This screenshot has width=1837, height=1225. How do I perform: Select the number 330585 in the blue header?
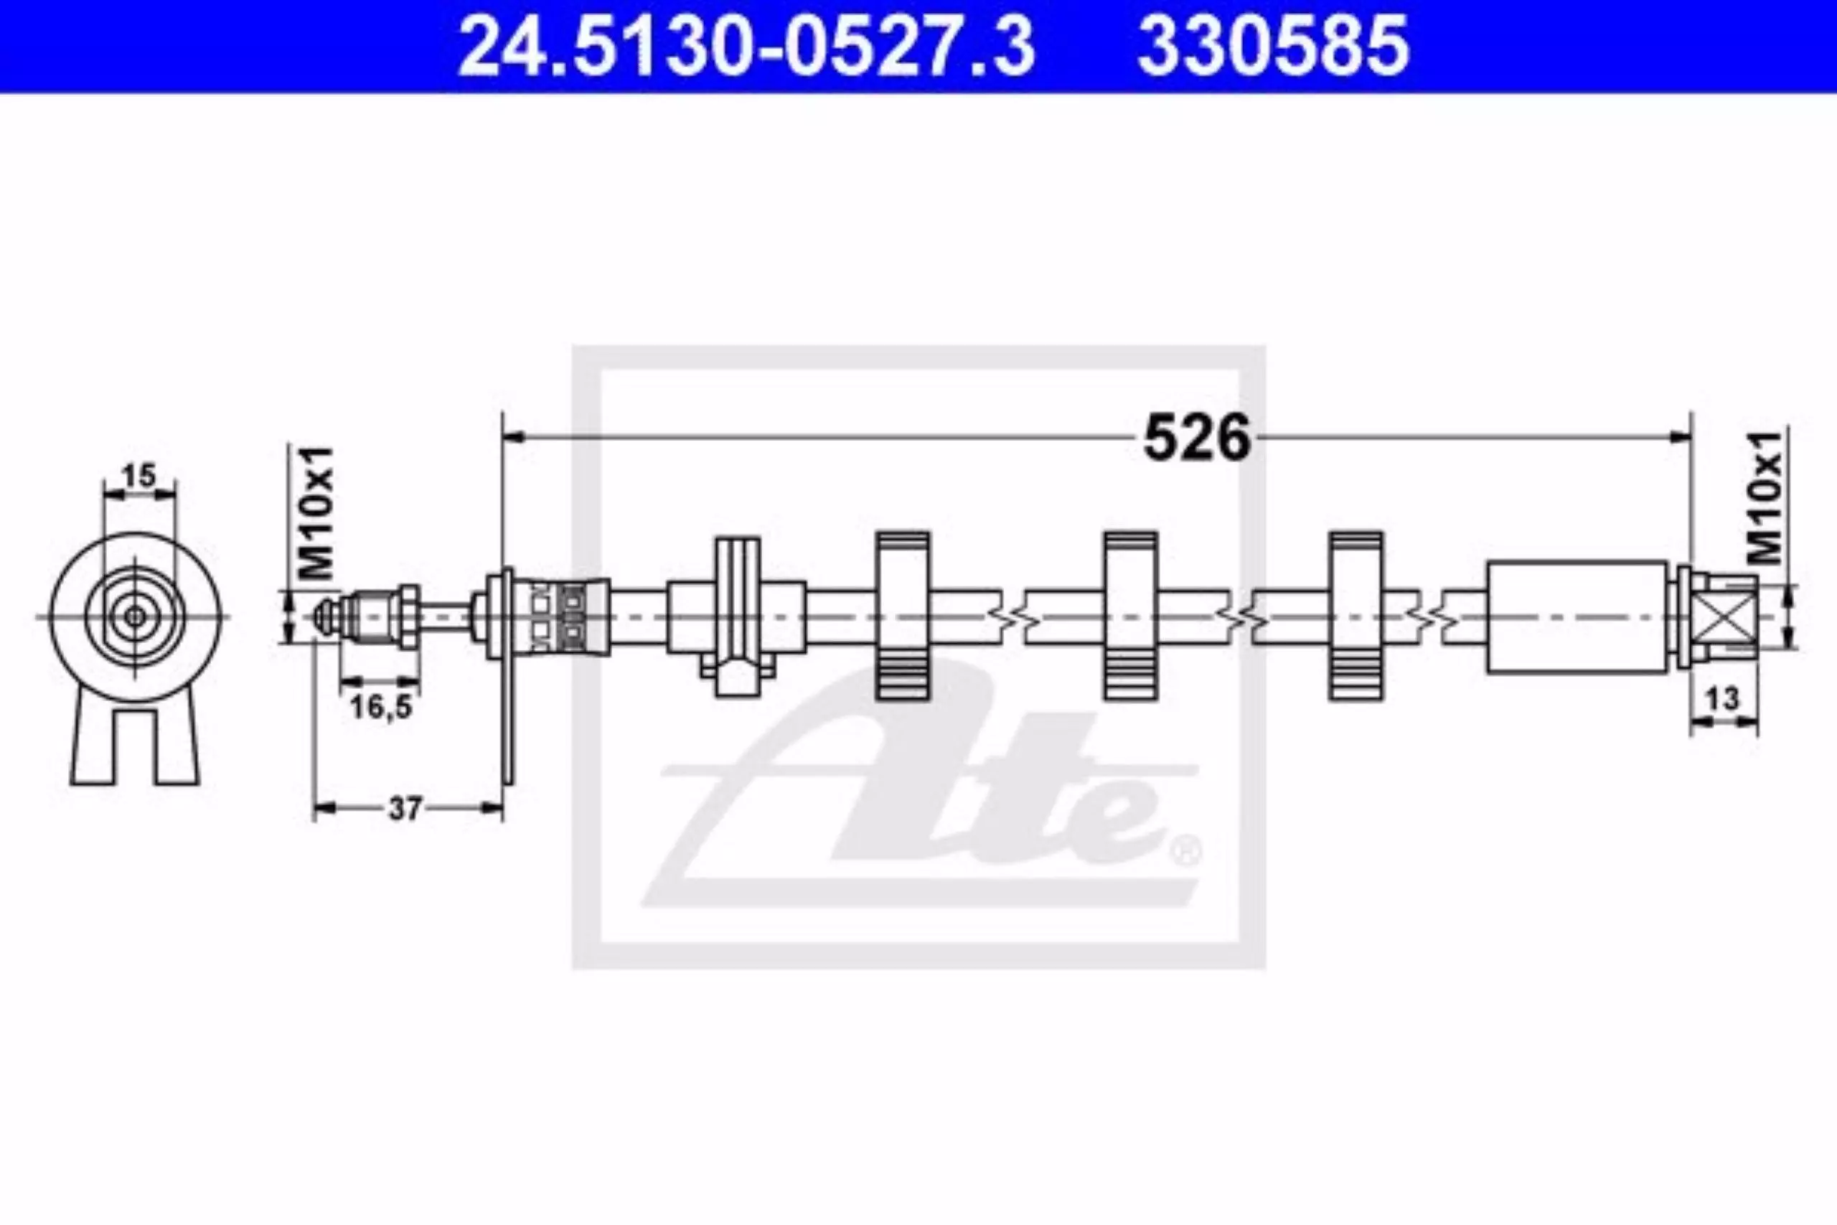pos(1273,47)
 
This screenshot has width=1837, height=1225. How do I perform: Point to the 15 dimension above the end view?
pos(140,476)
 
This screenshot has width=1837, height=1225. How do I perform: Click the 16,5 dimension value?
pos(380,708)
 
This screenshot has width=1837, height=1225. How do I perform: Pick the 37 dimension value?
pos(405,809)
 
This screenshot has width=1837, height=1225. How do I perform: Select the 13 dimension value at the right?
pos(1724,698)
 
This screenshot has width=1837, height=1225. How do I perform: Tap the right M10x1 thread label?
pos(1765,497)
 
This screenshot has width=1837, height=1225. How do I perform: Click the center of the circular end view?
pos(136,616)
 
